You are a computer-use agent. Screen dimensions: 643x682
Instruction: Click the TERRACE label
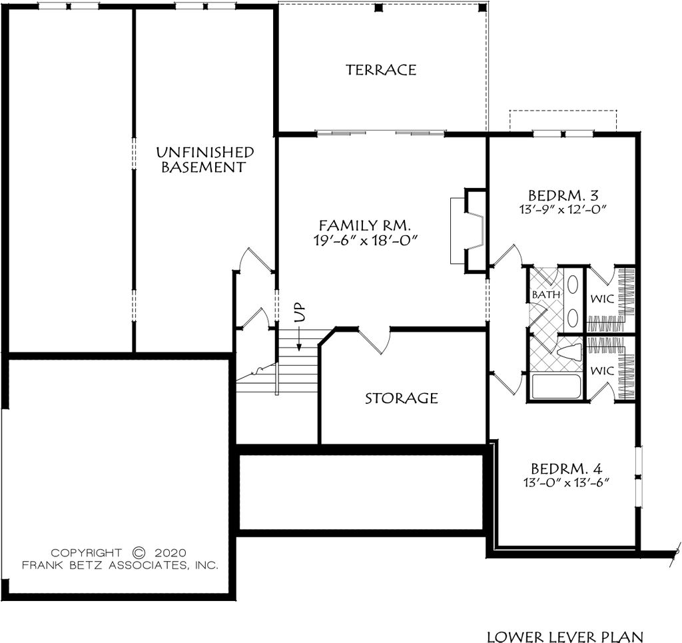381,70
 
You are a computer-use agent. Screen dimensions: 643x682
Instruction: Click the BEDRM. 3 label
563,196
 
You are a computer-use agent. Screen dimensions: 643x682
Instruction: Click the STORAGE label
402,398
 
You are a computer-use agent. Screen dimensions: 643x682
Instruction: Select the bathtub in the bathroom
557,387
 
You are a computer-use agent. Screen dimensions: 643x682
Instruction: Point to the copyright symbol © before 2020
139,552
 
